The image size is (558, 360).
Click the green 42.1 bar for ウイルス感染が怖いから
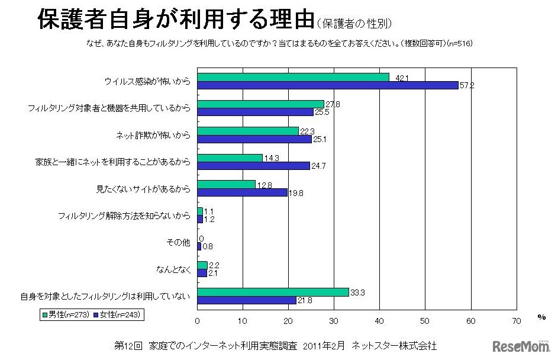tap(293, 77)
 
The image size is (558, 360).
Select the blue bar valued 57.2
tap(327, 85)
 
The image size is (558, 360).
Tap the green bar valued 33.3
tap(273, 292)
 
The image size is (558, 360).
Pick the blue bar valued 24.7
tap(253, 166)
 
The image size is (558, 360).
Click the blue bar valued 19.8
tap(242, 192)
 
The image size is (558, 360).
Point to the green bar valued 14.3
tap(230, 158)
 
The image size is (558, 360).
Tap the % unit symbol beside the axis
tap(541, 317)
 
